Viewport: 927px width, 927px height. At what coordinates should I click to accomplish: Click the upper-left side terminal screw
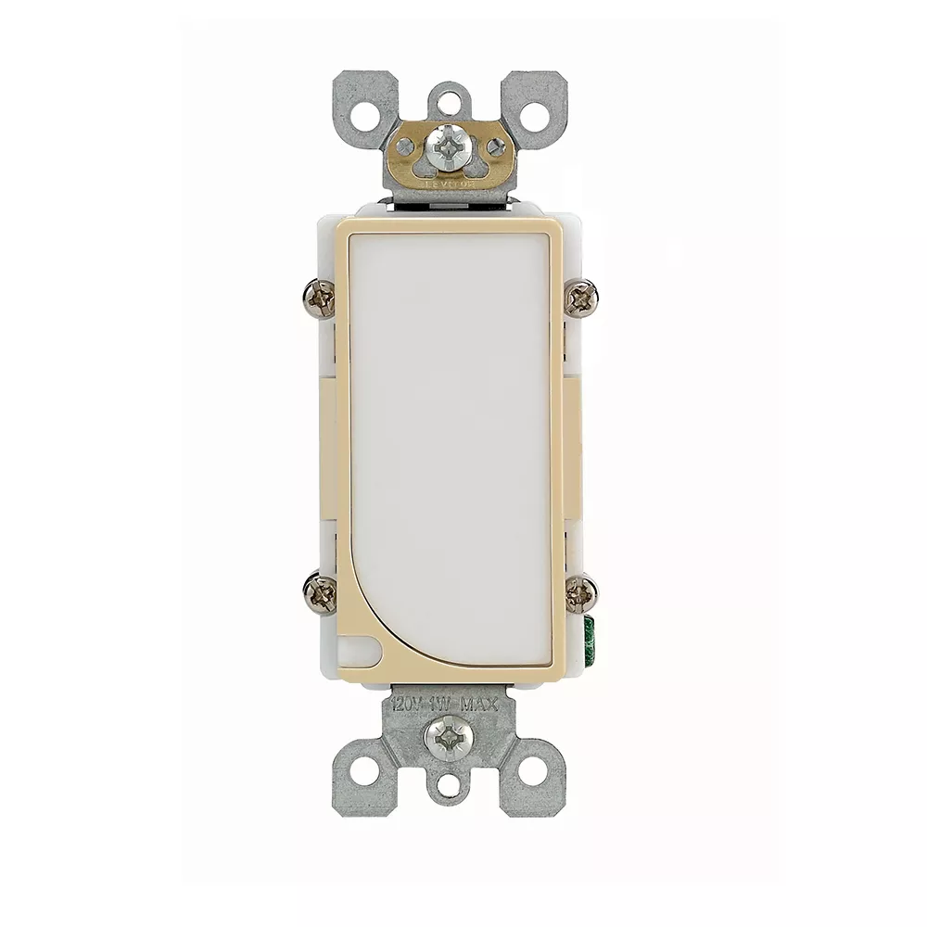pyautogui.click(x=320, y=298)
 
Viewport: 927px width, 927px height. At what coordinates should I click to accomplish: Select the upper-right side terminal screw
pyautogui.click(x=581, y=298)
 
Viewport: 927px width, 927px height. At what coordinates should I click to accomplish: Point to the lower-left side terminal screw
pyautogui.click(x=320, y=592)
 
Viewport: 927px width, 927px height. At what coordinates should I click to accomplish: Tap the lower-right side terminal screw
pyautogui.click(x=581, y=592)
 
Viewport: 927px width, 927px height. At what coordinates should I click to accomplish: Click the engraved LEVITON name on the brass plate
pyautogui.click(x=450, y=184)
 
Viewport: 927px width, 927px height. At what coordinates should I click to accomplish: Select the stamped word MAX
pyautogui.click(x=480, y=705)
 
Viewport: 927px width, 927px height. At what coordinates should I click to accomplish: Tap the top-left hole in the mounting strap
pyautogui.click(x=365, y=116)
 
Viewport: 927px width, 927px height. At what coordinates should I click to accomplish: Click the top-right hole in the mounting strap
pyautogui.click(x=534, y=116)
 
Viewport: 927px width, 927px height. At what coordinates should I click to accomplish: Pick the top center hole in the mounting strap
pyautogui.click(x=450, y=98)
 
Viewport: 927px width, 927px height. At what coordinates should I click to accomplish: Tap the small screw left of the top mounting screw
pyautogui.click(x=405, y=146)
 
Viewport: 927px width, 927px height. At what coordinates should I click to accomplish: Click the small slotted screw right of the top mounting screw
pyautogui.click(x=496, y=146)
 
